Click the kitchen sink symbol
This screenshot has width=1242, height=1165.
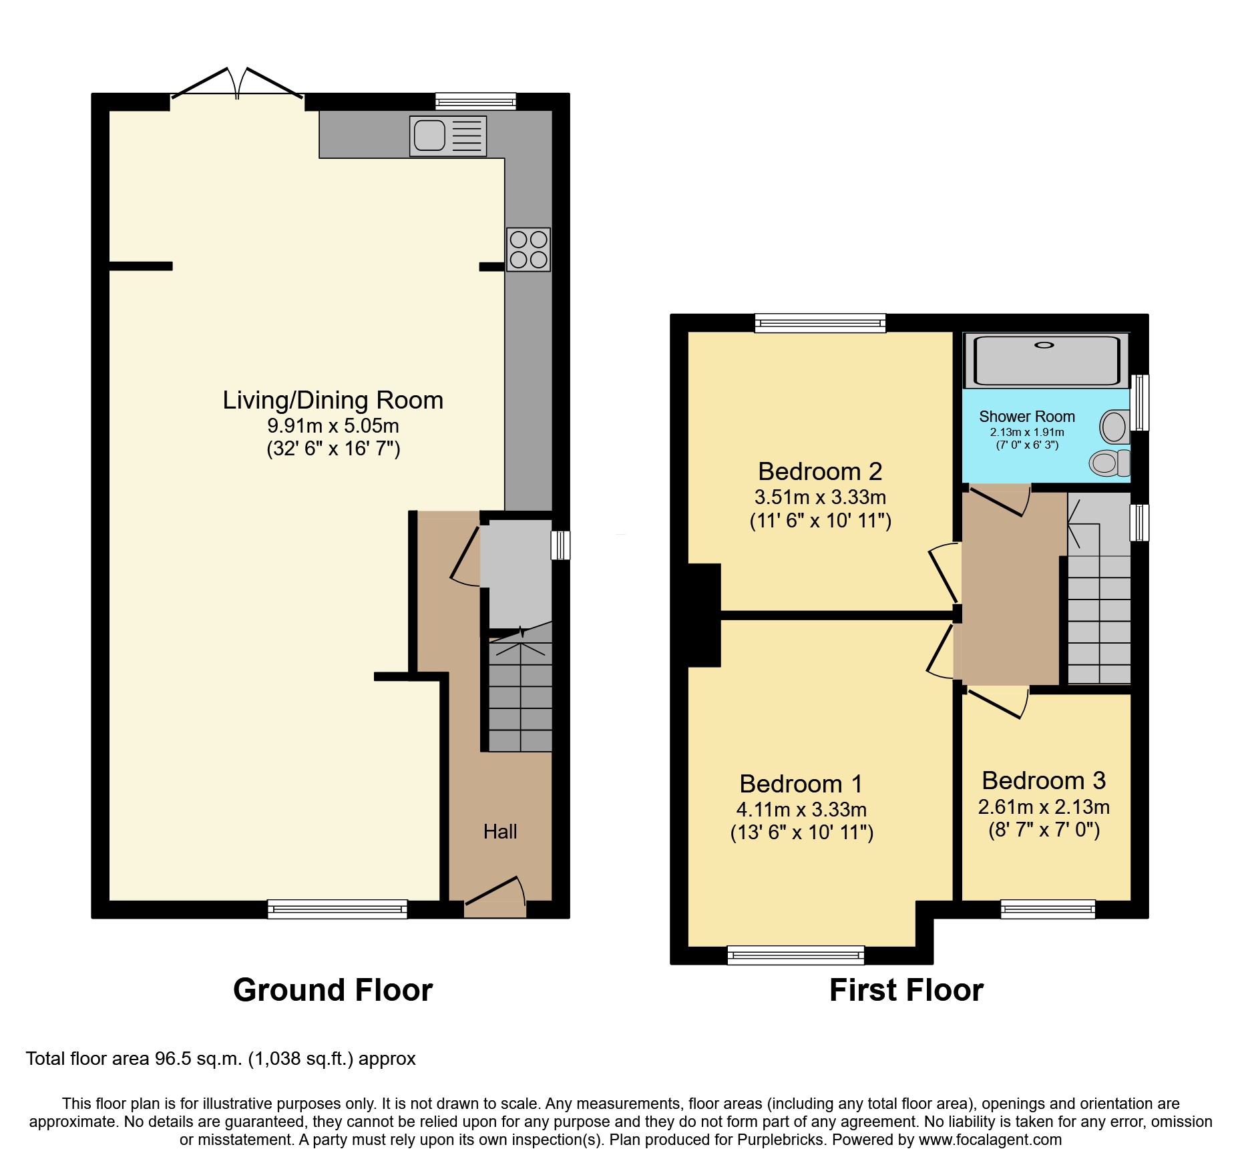(x=448, y=136)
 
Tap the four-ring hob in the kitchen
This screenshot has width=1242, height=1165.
(x=528, y=249)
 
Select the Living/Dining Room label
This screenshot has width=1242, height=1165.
(x=333, y=400)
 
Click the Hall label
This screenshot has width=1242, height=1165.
(x=500, y=831)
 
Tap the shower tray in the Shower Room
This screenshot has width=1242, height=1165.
(x=1046, y=361)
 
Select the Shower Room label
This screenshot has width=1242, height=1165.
(x=1026, y=417)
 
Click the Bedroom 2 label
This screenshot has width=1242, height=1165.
(x=820, y=471)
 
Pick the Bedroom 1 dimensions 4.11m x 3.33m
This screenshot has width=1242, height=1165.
(x=801, y=810)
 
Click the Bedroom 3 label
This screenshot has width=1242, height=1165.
(x=1044, y=780)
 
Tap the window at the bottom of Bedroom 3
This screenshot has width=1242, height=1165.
(x=1048, y=909)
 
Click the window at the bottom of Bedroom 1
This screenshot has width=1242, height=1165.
(x=795, y=955)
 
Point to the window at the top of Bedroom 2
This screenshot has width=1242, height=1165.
(x=820, y=323)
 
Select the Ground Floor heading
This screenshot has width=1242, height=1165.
(x=333, y=989)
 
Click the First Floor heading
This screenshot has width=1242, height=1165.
(x=906, y=989)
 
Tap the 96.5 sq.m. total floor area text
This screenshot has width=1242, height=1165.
(x=198, y=1059)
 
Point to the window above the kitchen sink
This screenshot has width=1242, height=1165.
(x=475, y=101)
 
